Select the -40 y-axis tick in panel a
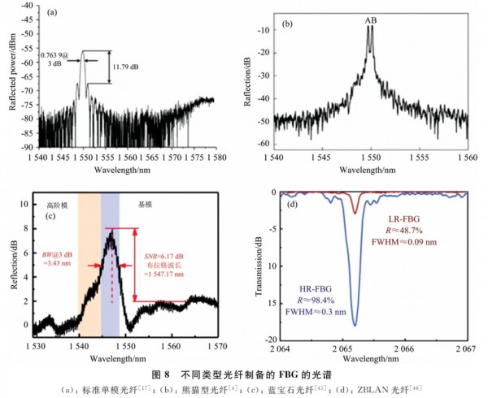pos(27,6)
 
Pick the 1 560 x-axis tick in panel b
pos(468,154)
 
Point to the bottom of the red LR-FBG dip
pos(355,213)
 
